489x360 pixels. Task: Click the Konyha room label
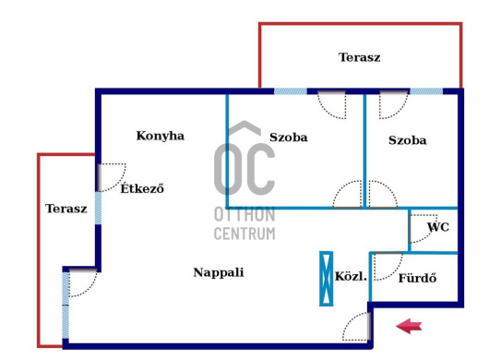(x=161, y=136)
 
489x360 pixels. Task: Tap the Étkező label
(x=142, y=188)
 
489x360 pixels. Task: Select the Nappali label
(x=219, y=272)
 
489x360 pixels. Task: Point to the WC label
(x=438, y=227)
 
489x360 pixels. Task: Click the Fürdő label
(x=418, y=278)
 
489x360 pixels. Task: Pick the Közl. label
(x=351, y=276)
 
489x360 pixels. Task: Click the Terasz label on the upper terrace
(x=360, y=57)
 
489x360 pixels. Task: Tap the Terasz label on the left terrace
(x=66, y=209)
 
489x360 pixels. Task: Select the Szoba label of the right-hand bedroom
(x=408, y=140)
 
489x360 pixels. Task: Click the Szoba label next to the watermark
(x=289, y=138)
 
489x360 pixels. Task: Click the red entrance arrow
(x=409, y=327)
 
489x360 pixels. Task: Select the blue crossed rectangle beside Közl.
(x=327, y=279)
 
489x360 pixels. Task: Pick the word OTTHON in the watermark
(x=244, y=215)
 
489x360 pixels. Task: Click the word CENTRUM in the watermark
(x=244, y=234)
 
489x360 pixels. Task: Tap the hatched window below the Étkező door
(x=98, y=208)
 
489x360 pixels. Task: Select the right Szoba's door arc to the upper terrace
(x=400, y=112)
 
